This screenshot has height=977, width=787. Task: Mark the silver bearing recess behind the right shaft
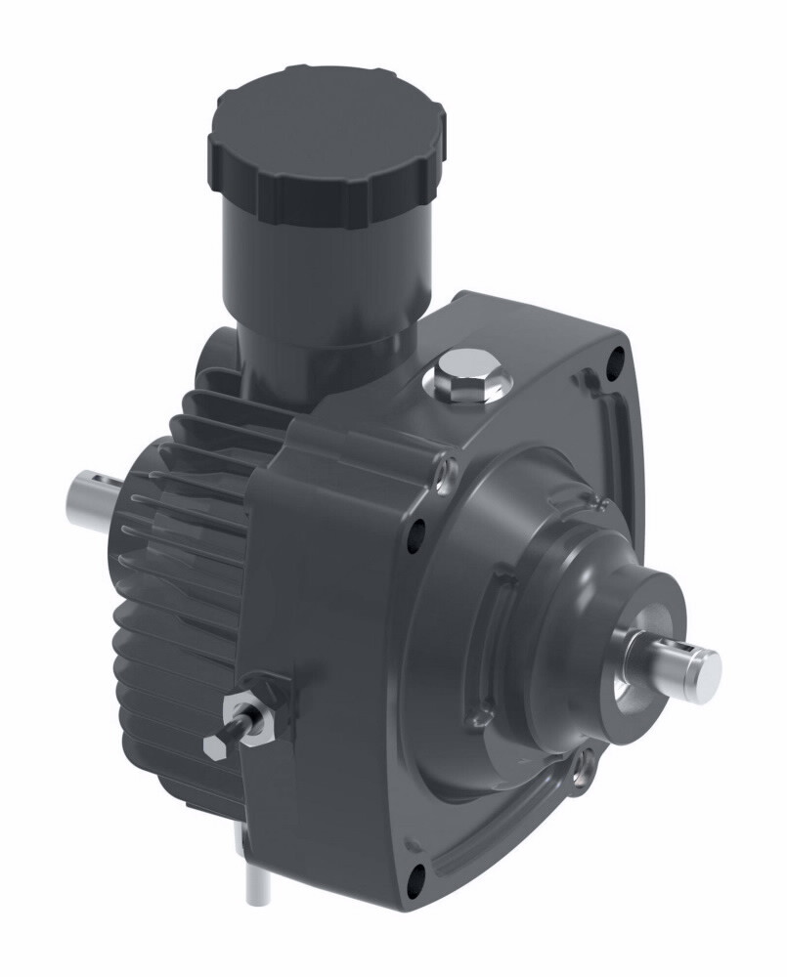(x=626, y=684)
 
